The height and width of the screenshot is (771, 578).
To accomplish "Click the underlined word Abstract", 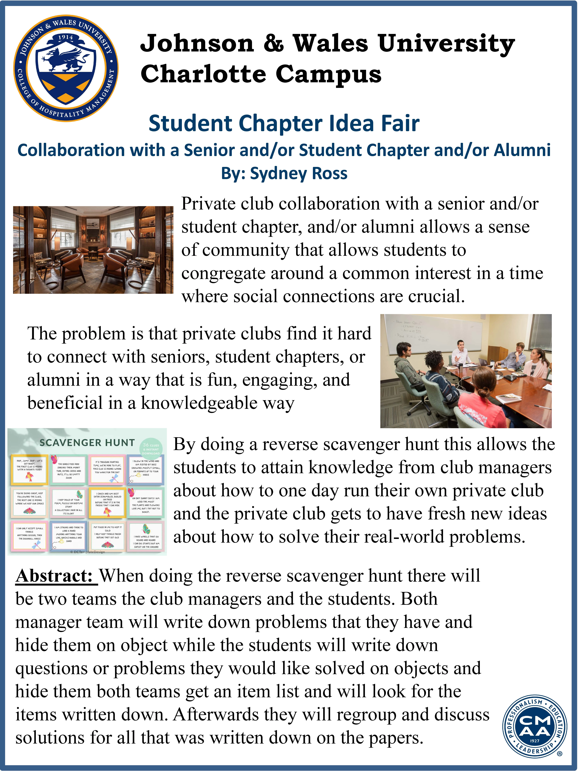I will pos(54,576).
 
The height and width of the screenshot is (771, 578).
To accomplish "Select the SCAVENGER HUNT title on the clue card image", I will pos(87,443).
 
